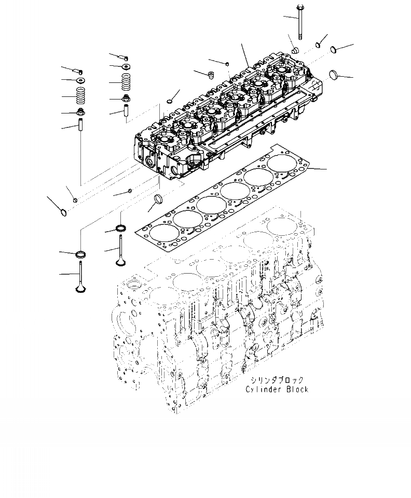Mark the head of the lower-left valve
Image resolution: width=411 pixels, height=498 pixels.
(x=81, y=288)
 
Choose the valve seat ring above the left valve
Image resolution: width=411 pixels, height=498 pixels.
(x=81, y=254)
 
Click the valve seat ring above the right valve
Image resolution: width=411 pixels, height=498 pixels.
(x=121, y=228)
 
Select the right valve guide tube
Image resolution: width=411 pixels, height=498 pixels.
(x=126, y=111)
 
